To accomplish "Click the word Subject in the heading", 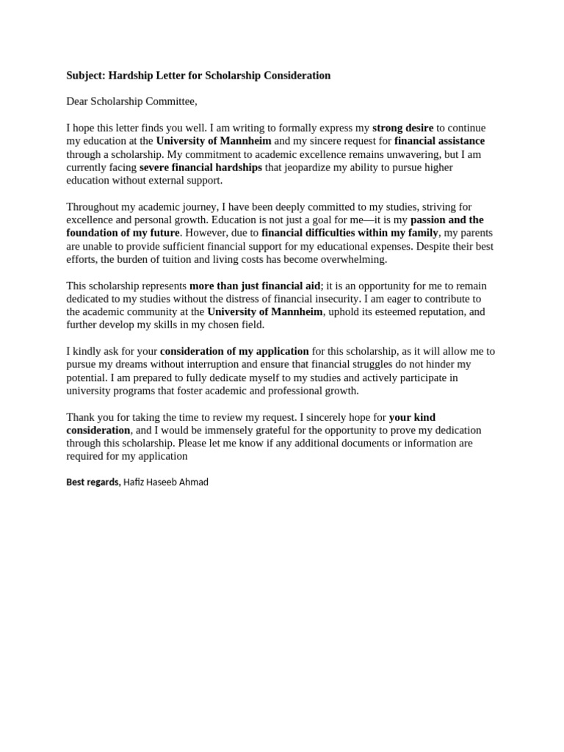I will pyautogui.click(x=85, y=76).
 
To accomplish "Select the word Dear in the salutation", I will pyautogui.click(x=79, y=101).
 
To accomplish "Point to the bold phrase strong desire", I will pyautogui.click(x=403, y=128).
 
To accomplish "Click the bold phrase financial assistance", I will pyautogui.click(x=439, y=141).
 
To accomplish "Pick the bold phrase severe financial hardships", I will pyautogui.click(x=200, y=167).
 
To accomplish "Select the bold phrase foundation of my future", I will pyautogui.click(x=123, y=233).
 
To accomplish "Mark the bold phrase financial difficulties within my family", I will pyautogui.click(x=350, y=233).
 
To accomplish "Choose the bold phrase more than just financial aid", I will pyautogui.click(x=255, y=286).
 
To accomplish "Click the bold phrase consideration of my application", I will pyautogui.click(x=235, y=351).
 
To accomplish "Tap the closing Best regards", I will pyautogui.click(x=93, y=482).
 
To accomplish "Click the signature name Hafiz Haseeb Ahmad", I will pyautogui.click(x=166, y=482).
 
